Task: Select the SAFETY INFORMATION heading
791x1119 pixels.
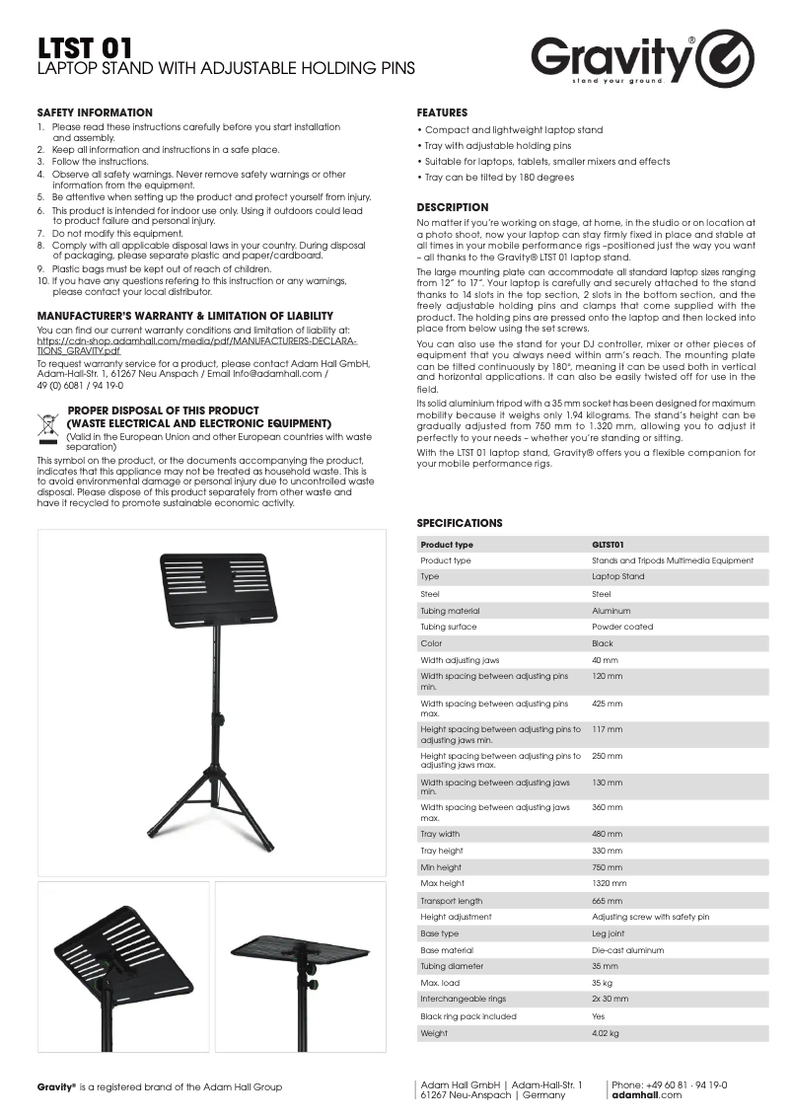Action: coord(95,112)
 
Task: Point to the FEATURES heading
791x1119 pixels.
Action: coord(442,112)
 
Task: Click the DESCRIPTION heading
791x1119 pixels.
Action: coord(452,207)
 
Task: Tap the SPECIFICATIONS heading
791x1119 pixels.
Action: coord(459,523)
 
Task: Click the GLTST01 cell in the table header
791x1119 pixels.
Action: coord(608,545)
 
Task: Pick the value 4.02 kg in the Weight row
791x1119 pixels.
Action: coord(606,1033)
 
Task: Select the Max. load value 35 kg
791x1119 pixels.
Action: coord(603,983)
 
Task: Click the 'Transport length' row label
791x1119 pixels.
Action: coord(451,901)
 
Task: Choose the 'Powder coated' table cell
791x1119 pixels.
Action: coord(616,627)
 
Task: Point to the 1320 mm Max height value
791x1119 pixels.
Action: coord(609,884)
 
